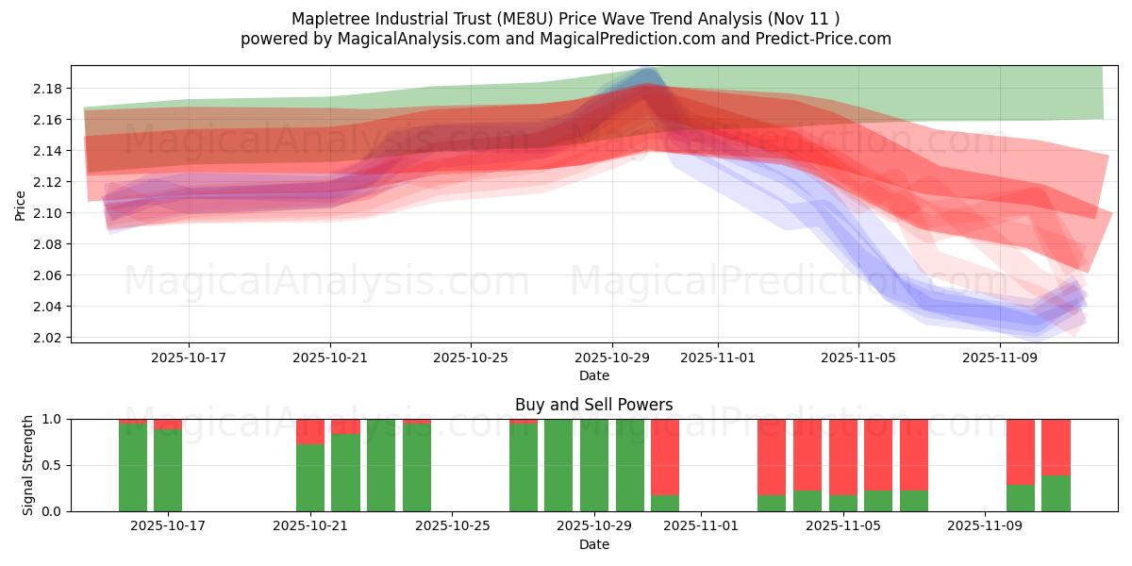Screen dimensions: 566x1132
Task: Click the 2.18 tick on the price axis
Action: [x=48, y=89]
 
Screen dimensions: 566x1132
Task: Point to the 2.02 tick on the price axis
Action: [x=48, y=338]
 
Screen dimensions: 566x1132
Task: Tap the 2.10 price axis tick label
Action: [x=48, y=213]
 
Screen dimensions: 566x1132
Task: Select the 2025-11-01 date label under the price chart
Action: [x=717, y=358]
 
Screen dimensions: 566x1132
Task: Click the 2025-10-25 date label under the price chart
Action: [x=471, y=358]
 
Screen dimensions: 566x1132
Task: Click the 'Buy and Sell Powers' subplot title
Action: [x=593, y=405]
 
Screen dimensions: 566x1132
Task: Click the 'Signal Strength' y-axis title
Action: [x=28, y=465]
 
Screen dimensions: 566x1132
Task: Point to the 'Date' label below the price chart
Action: [x=593, y=375]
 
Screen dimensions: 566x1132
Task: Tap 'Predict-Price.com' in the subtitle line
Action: [x=816, y=39]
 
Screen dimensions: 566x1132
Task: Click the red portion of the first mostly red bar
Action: [x=665, y=453]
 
